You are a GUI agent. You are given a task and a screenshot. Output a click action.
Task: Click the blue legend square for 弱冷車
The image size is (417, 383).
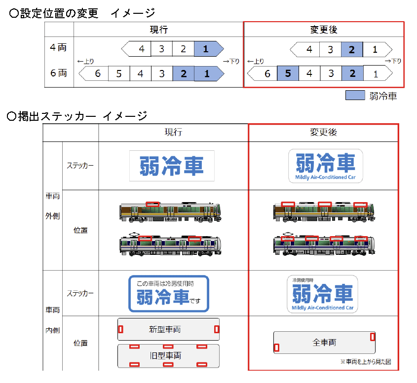355,95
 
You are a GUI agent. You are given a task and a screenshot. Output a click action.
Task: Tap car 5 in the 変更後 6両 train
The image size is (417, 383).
288,74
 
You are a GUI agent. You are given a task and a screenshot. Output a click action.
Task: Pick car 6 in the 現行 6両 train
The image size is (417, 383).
97,74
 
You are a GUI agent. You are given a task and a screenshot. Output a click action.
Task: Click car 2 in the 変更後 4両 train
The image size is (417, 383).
352,49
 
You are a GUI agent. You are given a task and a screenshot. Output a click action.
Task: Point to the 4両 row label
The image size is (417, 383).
58,48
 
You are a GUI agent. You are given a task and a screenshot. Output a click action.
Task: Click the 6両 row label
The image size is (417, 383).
58,73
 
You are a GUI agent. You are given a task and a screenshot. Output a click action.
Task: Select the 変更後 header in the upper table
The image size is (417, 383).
324,30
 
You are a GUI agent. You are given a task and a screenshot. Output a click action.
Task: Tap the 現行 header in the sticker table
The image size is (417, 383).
173,132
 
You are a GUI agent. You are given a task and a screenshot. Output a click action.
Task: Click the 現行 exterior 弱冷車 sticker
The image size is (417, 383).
172,165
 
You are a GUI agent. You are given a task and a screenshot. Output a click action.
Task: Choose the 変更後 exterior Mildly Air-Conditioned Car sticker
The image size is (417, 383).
326,166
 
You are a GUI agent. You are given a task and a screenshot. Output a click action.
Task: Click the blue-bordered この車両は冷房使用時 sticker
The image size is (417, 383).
169,294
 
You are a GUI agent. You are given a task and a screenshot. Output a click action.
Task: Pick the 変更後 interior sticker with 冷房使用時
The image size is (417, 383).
323,294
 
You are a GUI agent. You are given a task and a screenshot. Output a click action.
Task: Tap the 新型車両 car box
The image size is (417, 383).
168,329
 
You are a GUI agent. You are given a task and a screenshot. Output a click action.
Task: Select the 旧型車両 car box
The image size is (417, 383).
168,355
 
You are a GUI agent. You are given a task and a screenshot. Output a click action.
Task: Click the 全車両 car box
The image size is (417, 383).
324,343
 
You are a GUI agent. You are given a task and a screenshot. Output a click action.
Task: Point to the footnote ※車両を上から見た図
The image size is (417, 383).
365,362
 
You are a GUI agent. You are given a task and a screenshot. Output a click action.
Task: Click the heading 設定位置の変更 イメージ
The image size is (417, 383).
82,13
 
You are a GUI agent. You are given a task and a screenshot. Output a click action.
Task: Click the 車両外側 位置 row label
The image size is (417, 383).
80,230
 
